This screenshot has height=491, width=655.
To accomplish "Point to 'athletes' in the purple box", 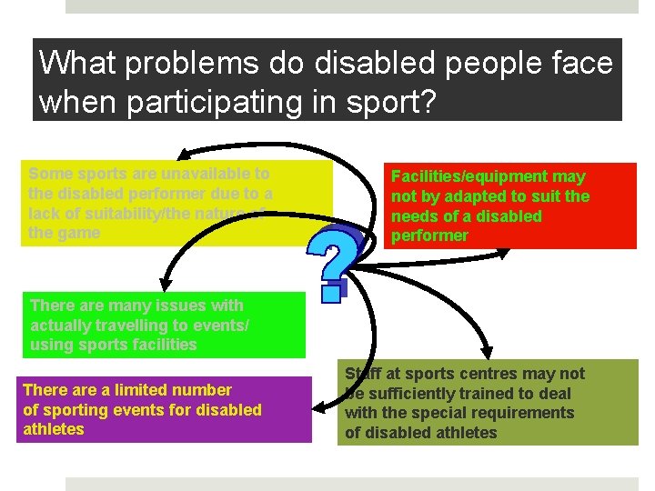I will [54, 429].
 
